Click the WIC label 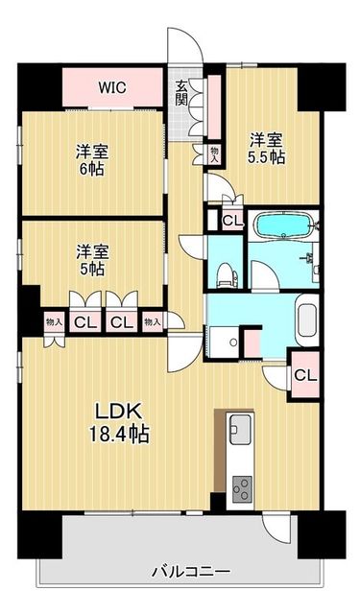coord(112,87)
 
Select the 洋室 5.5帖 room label coord(266,148)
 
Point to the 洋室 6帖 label coord(92,160)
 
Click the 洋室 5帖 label coord(92,260)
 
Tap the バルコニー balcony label coord(191,572)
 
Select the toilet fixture coord(226,275)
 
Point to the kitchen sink coord(240,430)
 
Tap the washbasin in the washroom coord(307,319)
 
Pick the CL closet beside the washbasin coord(304,376)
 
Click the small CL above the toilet coord(232,222)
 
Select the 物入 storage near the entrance coord(215,153)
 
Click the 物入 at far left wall coord(53,322)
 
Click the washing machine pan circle coord(233,342)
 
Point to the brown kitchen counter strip coord(220,450)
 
